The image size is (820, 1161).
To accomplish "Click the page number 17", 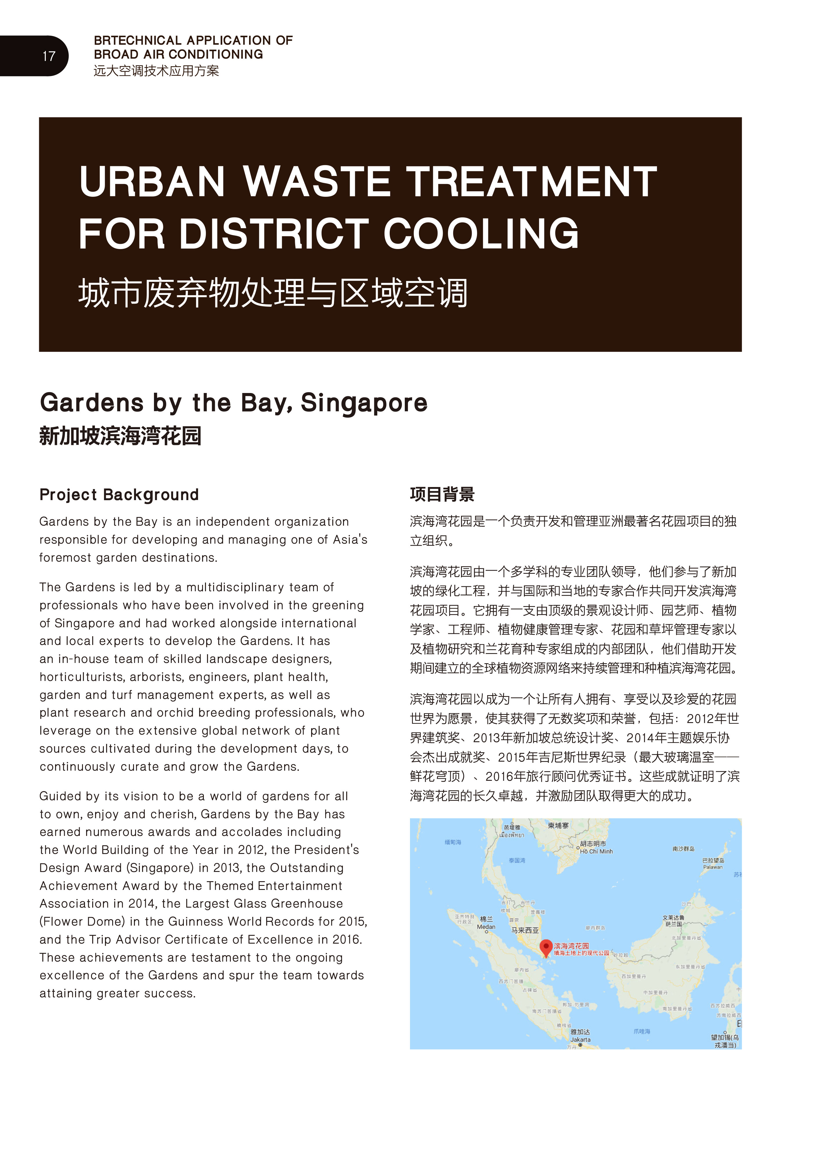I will coord(48,56).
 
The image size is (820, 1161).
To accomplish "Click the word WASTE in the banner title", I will coord(317,182).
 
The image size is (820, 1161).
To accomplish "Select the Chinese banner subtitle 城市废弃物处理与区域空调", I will coord(273,293).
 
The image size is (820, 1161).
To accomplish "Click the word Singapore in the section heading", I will coord(364,403).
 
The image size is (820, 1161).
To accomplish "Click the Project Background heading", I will coord(119,495).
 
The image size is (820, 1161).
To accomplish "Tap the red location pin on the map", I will coord(546,947).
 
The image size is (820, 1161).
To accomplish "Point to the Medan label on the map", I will coord(486,927).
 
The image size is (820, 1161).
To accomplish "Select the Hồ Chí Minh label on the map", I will coord(597,852).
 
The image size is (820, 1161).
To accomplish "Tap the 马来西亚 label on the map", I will coord(525,931).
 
